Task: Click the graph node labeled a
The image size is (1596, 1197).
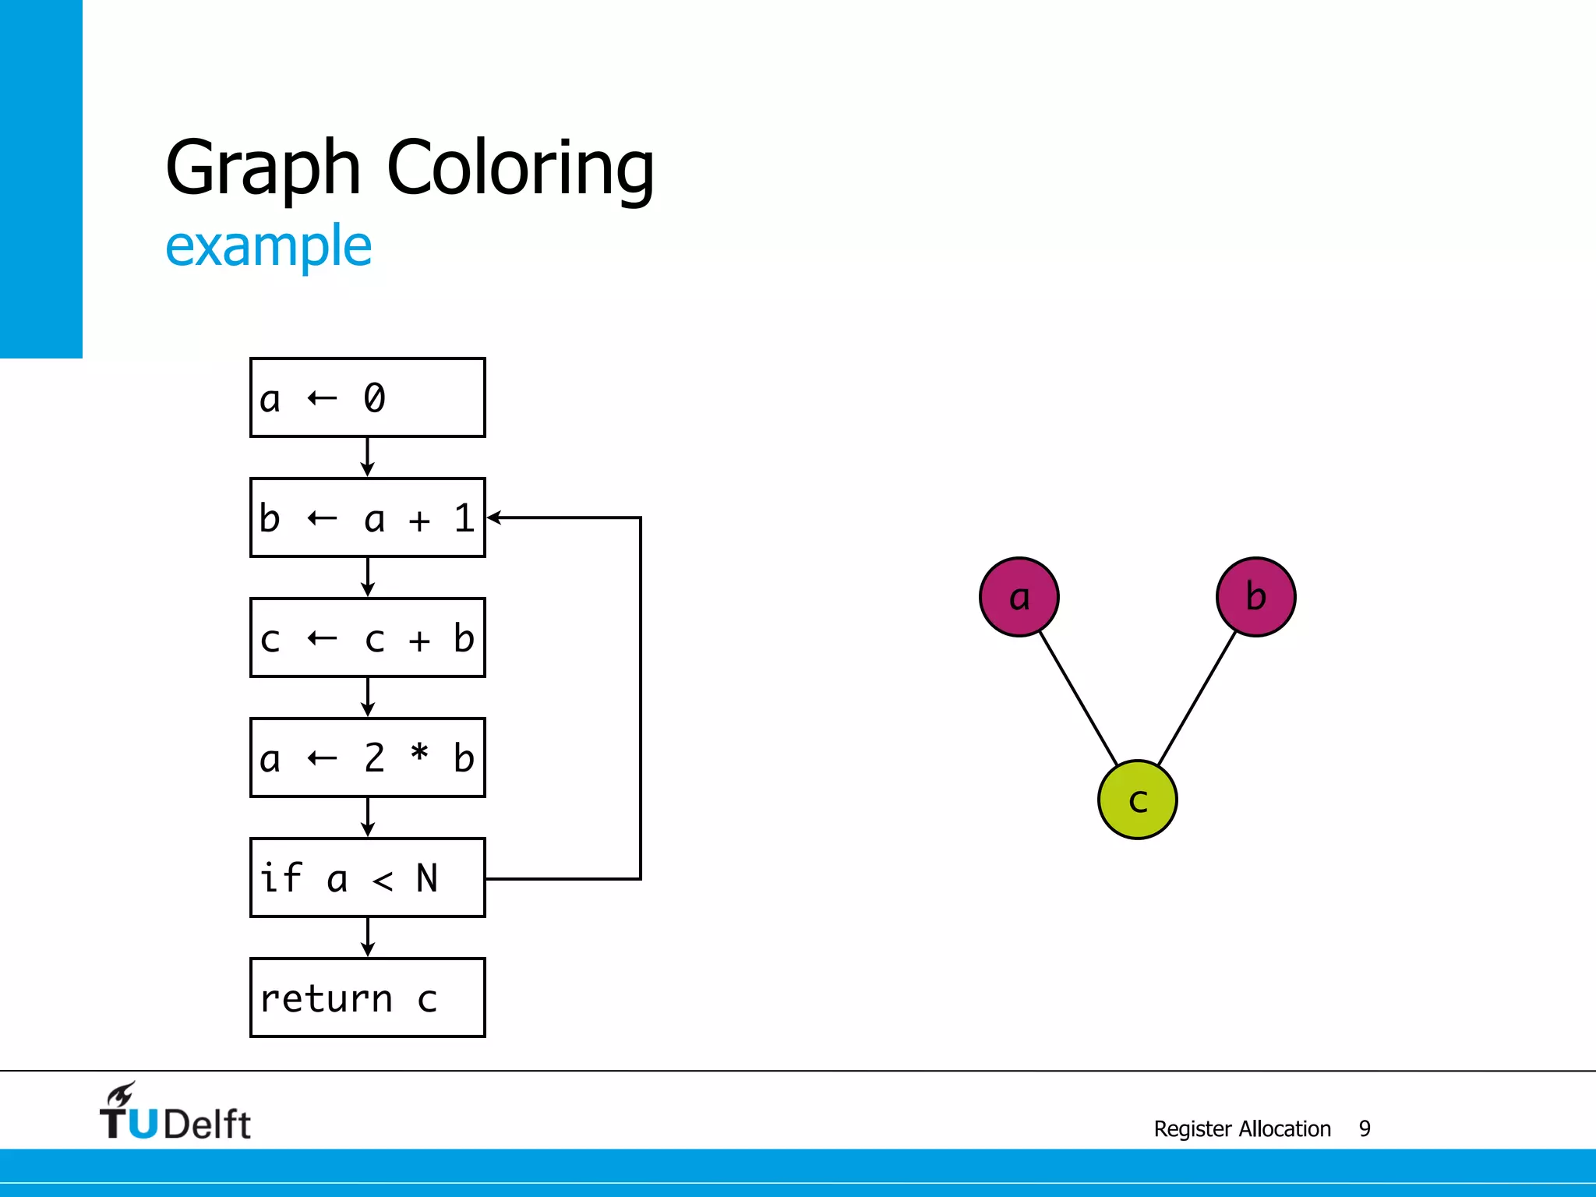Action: click(x=1019, y=597)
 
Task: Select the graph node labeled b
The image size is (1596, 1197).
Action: click(x=1255, y=597)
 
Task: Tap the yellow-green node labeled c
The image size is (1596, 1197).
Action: click(x=1137, y=800)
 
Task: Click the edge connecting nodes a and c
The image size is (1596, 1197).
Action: click(x=1079, y=698)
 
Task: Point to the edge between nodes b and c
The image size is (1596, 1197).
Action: click(x=1197, y=698)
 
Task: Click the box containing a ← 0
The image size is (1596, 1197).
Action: click(x=367, y=397)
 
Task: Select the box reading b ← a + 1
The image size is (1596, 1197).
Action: click(x=367, y=517)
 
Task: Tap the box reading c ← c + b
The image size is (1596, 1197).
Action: click(x=367, y=637)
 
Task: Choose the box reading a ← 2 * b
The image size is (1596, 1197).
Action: click(x=367, y=757)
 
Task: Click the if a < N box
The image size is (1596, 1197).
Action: click(x=367, y=877)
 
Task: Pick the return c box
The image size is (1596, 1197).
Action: click(x=367, y=997)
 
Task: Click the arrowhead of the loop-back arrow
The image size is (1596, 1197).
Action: click(x=494, y=517)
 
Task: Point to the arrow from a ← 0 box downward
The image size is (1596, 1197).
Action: click(x=367, y=457)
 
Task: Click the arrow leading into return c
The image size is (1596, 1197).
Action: click(x=367, y=937)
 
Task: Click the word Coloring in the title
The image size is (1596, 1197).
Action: click(x=521, y=168)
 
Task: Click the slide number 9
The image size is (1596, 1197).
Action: click(x=1365, y=1128)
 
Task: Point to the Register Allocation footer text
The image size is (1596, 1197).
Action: click(x=1242, y=1128)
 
